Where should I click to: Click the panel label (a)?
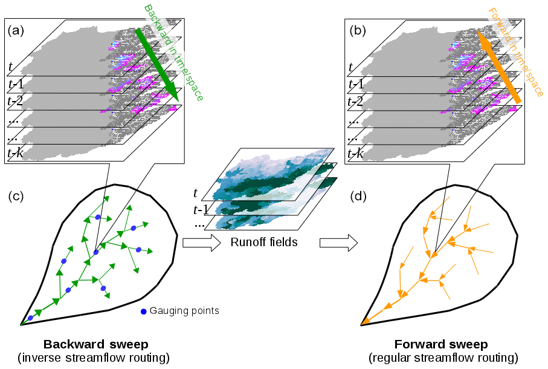[16, 30]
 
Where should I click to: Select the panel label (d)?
[358, 197]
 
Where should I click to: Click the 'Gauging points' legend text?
[184, 311]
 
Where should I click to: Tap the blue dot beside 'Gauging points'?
[143, 312]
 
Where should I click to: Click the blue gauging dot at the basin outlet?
[30, 318]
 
